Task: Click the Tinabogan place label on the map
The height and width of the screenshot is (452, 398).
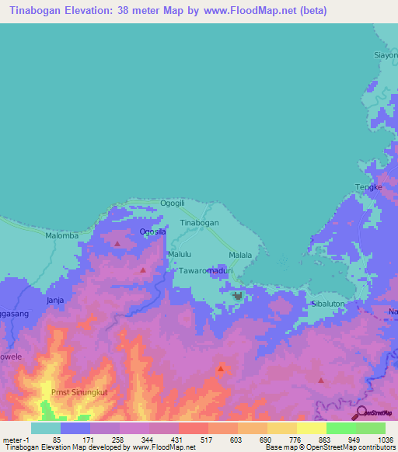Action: click(200, 222)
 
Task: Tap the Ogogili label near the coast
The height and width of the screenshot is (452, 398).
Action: click(172, 203)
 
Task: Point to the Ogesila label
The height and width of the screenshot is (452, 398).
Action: click(153, 231)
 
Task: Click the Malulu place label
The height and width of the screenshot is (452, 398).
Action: click(179, 254)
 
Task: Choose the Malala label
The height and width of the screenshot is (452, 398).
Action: click(240, 255)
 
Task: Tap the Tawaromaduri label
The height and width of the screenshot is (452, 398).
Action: click(204, 271)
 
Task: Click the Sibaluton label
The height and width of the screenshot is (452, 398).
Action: click(327, 304)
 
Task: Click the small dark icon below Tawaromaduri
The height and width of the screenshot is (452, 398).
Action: click(238, 295)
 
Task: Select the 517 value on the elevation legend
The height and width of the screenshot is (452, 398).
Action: click(194, 439)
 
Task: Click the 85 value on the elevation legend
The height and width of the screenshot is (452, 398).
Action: click(56, 439)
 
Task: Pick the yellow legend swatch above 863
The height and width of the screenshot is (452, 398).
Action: click(312, 428)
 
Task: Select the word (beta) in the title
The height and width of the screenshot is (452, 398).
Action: click(311, 11)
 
